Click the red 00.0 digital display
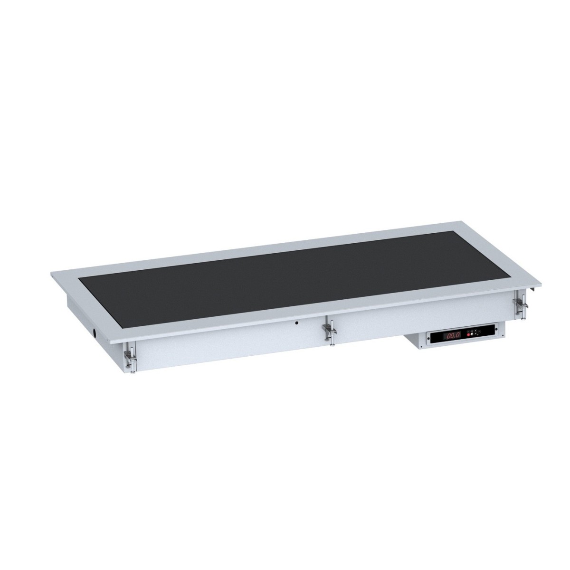click(x=451, y=335)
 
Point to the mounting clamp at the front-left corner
click(x=131, y=359)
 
